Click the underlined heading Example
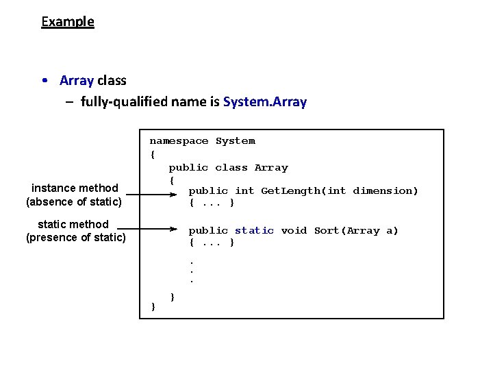point(68,21)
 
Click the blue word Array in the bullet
point(76,80)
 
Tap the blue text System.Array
point(265,102)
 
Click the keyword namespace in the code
point(179,141)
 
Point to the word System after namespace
point(235,141)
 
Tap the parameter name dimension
point(385,191)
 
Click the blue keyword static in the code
point(254,231)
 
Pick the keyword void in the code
point(294,231)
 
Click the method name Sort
point(327,231)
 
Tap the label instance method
point(75,188)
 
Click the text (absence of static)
point(74,201)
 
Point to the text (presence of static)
point(75,238)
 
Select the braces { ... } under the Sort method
point(212,243)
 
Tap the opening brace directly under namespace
point(153,154)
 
